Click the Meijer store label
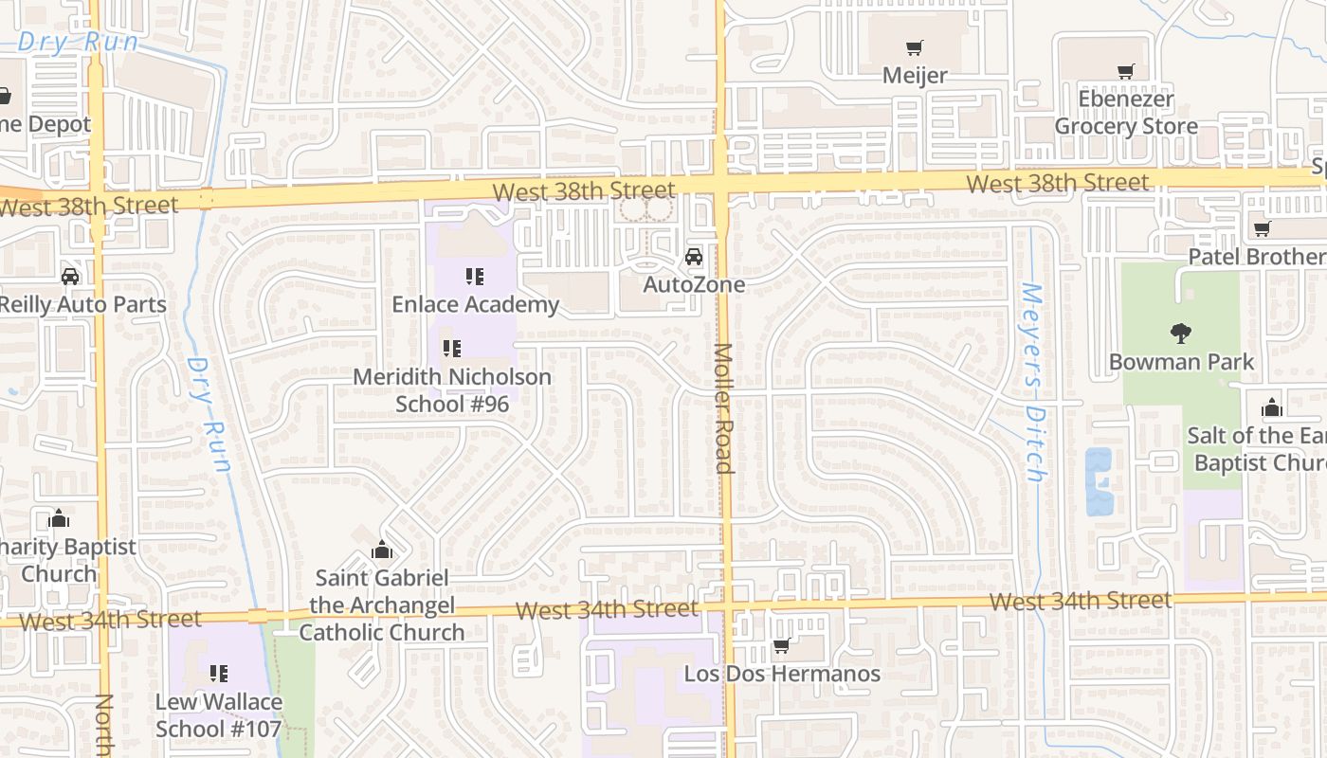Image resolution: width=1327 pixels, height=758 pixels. pos(915,75)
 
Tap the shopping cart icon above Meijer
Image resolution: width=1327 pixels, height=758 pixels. pos(915,47)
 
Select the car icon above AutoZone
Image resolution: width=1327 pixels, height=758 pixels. pos(694,257)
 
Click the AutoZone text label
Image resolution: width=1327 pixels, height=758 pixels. pos(694,284)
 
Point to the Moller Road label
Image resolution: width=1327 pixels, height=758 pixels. pos(723,407)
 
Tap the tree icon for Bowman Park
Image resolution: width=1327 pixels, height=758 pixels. pos(1181,333)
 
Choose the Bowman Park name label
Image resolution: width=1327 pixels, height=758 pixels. pos(1181,362)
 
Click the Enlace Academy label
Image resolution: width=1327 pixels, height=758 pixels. pos(475,304)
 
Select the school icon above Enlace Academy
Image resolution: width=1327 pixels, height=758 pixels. pos(475,277)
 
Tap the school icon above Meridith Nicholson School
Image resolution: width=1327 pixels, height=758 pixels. pos(452,349)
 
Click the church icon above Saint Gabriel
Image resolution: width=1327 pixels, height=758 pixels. pos(382,550)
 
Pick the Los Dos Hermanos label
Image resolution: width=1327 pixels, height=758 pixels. pos(782,674)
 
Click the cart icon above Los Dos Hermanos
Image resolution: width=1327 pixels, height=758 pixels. pos(782,646)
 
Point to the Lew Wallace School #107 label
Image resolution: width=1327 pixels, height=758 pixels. pos(219,715)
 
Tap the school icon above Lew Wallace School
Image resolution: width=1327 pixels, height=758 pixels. pos(219,674)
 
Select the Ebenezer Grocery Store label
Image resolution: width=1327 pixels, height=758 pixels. pos(1126,113)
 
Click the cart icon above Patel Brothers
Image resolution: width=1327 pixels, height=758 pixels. pos(1262,228)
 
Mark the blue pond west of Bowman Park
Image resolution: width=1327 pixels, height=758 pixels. pos(1099,481)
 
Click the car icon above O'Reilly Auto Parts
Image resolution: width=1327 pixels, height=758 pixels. pos(70,277)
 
